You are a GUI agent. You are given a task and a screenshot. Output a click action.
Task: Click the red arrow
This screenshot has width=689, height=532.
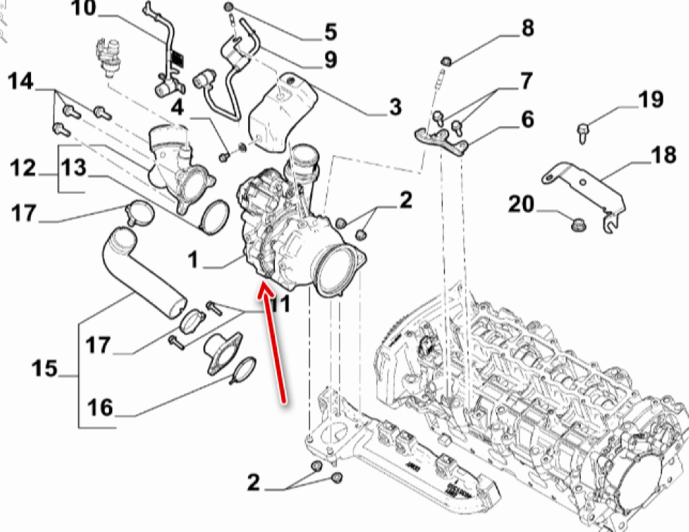tap(274, 345)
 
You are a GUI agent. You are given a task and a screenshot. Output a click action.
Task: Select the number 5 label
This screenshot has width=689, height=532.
tap(330, 32)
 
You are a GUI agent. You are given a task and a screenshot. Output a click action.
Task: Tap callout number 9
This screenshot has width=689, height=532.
tap(330, 61)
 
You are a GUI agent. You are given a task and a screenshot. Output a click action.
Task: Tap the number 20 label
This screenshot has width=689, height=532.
tap(522, 205)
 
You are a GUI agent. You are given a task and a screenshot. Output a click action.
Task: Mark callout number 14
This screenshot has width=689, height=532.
tap(21, 82)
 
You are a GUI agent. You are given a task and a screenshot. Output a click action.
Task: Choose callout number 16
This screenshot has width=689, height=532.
tap(100, 407)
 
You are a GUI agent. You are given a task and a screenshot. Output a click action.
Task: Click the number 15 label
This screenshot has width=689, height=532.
tap(45, 369)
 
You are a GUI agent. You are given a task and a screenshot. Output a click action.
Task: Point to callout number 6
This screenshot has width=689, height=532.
tap(527, 120)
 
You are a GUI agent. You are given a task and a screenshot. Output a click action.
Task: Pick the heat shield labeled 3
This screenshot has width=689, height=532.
tap(279, 114)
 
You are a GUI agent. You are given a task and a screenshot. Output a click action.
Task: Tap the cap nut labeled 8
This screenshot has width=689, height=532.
tap(446, 62)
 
